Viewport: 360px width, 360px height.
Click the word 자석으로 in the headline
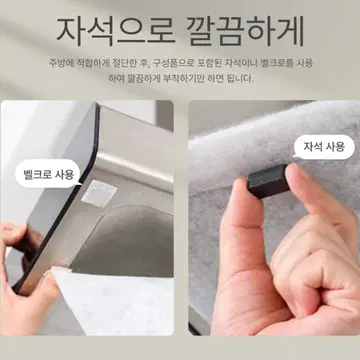[116, 31]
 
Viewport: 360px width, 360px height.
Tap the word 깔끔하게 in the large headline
[245, 31]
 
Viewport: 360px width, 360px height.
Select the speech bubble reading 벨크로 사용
[49, 174]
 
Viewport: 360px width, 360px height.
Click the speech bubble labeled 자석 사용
[324, 147]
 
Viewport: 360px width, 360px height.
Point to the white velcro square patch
[99, 193]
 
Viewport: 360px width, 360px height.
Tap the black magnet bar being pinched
[269, 181]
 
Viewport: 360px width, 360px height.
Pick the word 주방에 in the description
[59, 63]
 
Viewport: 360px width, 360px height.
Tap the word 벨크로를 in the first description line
[281, 63]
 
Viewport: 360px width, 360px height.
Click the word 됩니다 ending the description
[239, 79]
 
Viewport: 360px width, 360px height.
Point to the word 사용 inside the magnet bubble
[335, 147]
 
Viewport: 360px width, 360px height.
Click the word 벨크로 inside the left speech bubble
[36, 174]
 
